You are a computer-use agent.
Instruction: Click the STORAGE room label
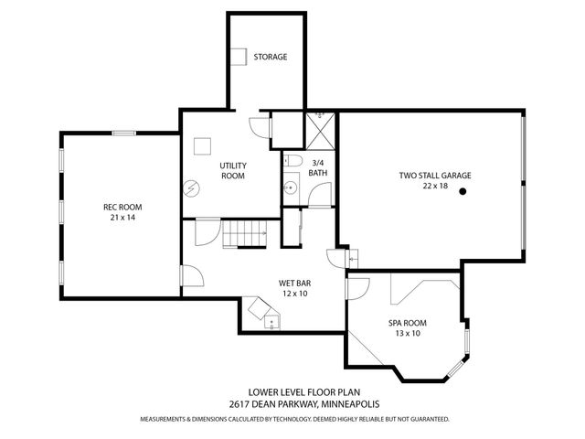pos(271,57)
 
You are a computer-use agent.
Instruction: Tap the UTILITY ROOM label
pos(233,168)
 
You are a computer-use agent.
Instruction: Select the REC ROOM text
pos(122,208)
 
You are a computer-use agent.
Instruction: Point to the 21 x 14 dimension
pos(122,219)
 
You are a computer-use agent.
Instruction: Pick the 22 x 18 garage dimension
pos(435,186)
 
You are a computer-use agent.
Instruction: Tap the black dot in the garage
pos(463,191)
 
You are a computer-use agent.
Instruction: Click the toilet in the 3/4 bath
pos(290,162)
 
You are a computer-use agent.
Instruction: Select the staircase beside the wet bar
pos(246,234)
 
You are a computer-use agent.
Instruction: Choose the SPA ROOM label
pos(408,323)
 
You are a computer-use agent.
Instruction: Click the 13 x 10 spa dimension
pos(408,334)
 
